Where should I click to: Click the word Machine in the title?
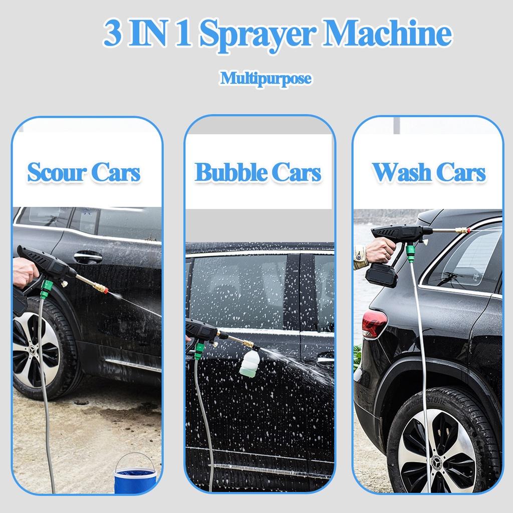click(388, 33)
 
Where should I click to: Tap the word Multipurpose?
click(266, 79)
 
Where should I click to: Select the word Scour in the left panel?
click(57, 172)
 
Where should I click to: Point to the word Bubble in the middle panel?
click(230, 172)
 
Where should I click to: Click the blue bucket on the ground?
click(135, 474)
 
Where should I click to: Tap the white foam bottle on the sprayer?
click(249, 363)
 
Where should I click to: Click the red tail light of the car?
click(374, 323)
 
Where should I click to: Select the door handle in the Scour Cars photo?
click(88, 257)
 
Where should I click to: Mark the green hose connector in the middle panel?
click(199, 351)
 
